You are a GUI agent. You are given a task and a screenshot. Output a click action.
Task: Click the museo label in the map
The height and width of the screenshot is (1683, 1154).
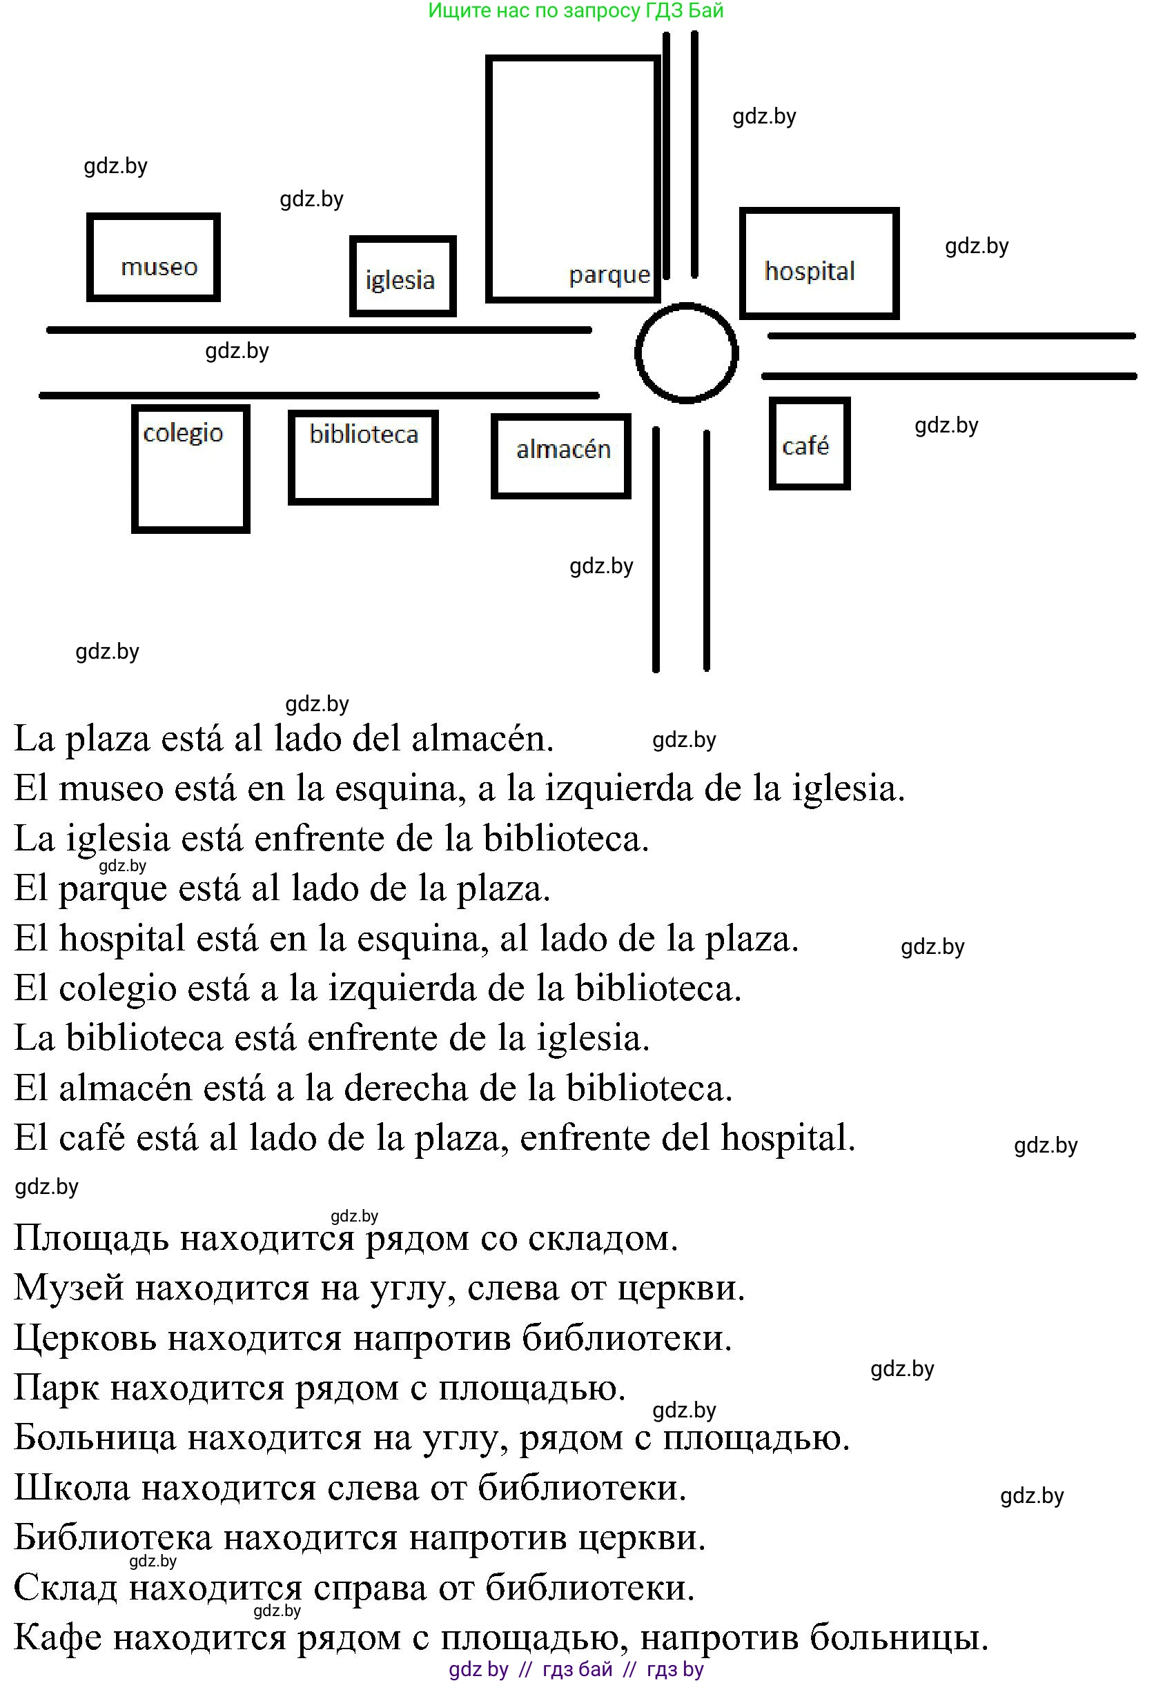coord(159,267)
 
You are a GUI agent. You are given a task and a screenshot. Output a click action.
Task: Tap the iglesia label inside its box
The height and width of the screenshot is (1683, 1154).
coord(400,279)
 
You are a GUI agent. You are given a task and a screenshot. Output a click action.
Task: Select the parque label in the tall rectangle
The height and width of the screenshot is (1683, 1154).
coord(609,275)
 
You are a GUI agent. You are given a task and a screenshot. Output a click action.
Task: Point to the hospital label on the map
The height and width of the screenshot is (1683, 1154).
coord(809,271)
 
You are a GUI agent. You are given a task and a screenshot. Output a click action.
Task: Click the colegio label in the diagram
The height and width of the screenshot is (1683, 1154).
coord(184,433)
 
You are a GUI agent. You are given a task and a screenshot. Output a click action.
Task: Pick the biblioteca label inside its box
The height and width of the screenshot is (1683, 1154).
coord(364,434)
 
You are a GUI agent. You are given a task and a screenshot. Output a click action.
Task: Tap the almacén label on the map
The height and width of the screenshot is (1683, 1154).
coord(563,450)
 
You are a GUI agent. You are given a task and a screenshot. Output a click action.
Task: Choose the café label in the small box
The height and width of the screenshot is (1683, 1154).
coord(805,446)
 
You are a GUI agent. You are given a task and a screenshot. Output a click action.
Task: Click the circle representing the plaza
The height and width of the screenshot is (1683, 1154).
coord(686,353)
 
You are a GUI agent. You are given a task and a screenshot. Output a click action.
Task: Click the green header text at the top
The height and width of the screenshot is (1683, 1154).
coord(576,11)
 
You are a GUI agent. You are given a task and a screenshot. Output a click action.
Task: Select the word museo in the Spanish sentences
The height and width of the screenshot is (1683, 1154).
coord(111,788)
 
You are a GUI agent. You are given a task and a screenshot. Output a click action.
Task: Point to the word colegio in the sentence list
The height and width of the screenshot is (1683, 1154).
coord(117,989)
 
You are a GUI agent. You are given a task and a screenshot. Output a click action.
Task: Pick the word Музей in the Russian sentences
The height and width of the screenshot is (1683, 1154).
coord(69,1288)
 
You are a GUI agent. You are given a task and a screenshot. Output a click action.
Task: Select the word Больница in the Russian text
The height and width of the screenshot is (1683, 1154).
coord(95,1437)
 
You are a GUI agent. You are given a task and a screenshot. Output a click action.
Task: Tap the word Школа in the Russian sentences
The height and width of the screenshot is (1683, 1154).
coord(72,1488)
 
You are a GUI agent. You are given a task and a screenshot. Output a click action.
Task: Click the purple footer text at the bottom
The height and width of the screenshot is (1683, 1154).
coord(576,1669)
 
